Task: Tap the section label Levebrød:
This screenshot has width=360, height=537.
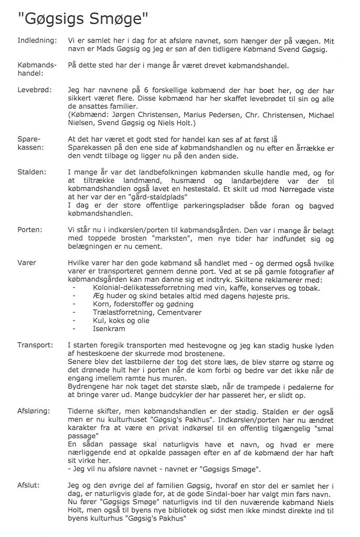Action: click(35, 90)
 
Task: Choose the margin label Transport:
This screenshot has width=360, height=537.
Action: click(35, 345)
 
